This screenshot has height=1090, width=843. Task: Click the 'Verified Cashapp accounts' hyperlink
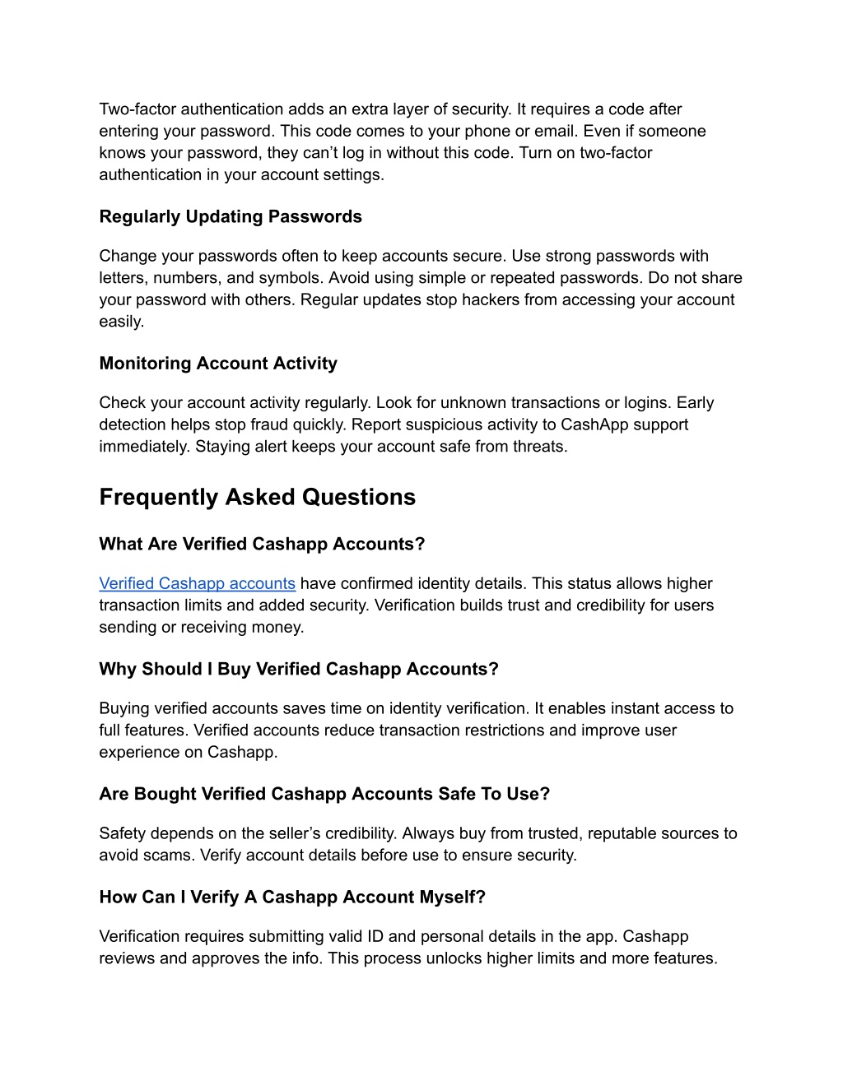197,583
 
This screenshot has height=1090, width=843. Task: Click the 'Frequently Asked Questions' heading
257,497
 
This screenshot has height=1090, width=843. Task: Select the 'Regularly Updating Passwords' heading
231,216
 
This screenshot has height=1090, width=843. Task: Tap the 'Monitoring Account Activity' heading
218,364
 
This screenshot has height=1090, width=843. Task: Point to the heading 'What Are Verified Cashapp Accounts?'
262,544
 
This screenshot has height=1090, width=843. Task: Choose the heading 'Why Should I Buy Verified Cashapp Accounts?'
299,669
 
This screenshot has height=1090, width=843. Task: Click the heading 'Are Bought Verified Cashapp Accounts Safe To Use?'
324,794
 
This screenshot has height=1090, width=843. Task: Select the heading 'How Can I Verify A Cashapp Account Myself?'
292,897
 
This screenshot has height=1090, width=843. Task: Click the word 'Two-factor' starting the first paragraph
137,109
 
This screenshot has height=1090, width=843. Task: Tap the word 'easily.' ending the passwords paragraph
122,322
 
